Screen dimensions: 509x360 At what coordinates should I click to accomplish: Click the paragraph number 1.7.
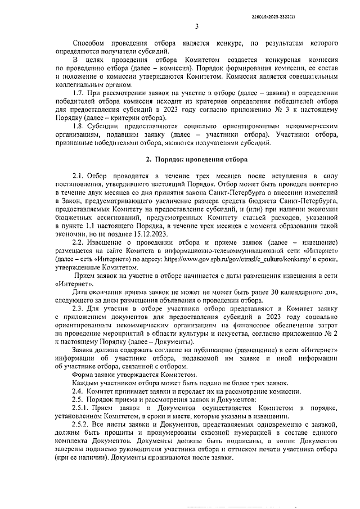(80, 92)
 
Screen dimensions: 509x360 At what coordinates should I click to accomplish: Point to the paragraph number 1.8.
(80, 127)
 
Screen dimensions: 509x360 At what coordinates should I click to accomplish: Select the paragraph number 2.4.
(79, 391)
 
